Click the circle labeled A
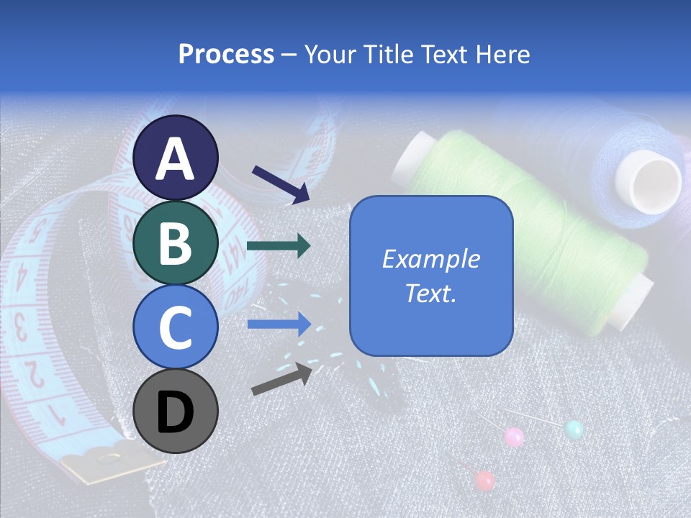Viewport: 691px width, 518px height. [x=176, y=158]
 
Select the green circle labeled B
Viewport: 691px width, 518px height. [x=176, y=242]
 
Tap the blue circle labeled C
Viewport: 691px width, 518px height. [x=176, y=327]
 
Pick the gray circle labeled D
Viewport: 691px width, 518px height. [x=176, y=412]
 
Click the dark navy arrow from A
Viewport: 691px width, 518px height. [x=280, y=183]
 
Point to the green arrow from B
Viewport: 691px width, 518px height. [x=279, y=246]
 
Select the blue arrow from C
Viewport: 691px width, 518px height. [x=279, y=324]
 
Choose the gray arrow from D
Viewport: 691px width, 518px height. [x=281, y=378]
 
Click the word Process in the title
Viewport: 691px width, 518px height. [x=226, y=54]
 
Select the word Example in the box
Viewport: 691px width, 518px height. [x=430, y=259]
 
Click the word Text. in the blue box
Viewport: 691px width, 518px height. [x=430, y=294]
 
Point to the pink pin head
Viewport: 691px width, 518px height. [x=514, y=436]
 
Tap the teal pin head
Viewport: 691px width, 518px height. [x=574, y=430]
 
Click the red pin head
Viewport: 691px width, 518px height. [x=485, y=479]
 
